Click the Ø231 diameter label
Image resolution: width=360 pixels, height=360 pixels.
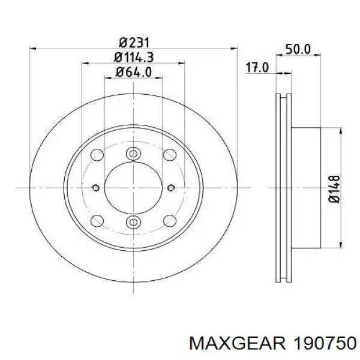[134, 43]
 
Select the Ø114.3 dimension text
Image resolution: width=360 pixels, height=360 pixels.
[134, 57]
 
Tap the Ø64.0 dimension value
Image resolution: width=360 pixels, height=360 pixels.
[134, 72]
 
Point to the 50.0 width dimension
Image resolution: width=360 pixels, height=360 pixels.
[298, 49]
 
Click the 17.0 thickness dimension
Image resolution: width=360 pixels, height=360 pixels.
[257, 67]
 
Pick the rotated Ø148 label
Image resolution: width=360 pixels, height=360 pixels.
[334, 189]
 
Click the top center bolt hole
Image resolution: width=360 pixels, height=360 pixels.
[133, 154]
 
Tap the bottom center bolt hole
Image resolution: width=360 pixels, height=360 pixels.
[133, 222]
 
